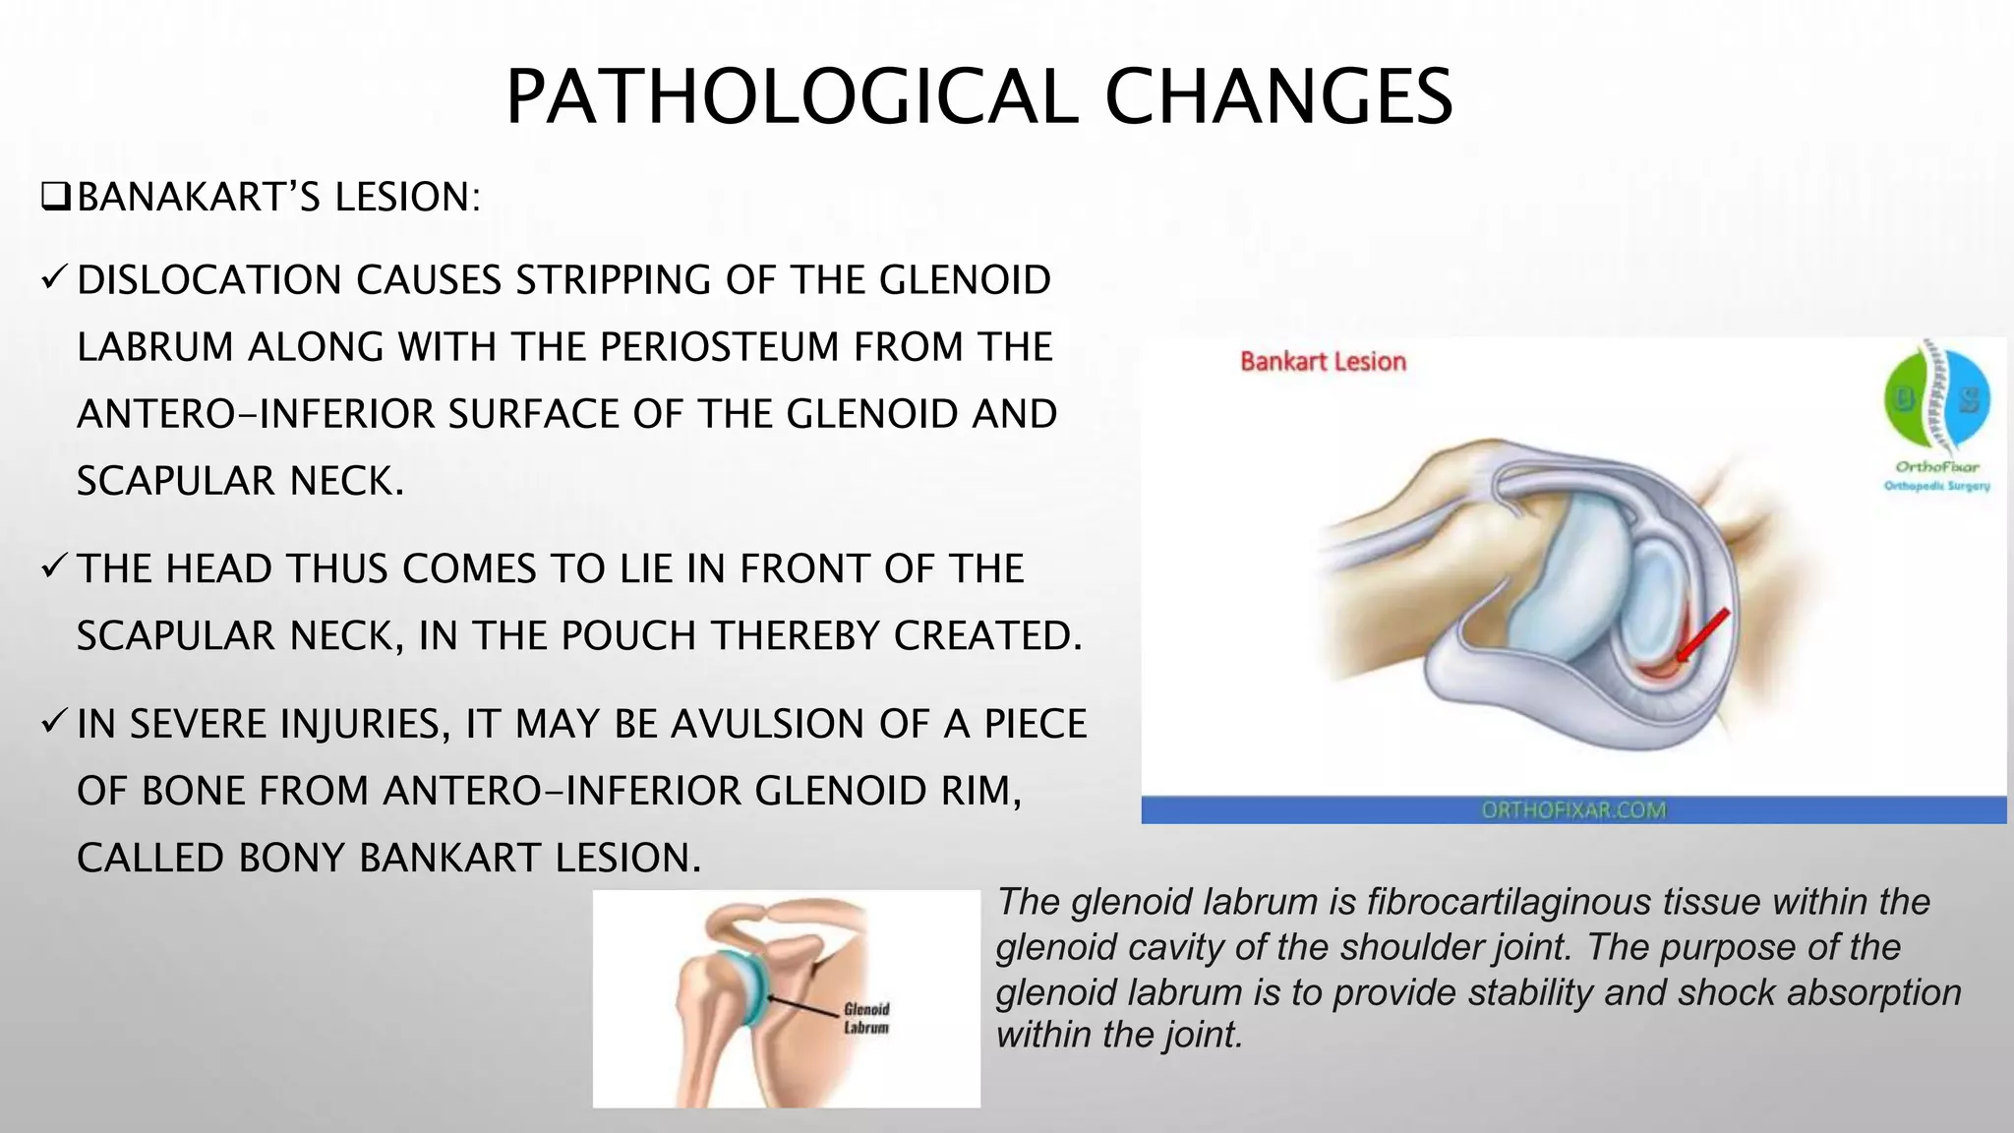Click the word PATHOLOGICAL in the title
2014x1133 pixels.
[792, 97]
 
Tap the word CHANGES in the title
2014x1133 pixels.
[1278, 97]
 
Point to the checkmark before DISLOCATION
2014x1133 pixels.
[54, 279]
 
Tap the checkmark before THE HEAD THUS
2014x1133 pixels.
[54, 567]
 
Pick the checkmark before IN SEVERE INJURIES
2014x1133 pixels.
[54, 723]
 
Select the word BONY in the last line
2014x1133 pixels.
[291, 858]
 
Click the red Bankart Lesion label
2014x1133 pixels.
[1323, 362]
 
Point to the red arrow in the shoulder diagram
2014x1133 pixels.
[1702, 635]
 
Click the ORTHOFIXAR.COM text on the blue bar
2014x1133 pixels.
[1573, 810]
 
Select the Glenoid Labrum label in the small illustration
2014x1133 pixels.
[865, 1018]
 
